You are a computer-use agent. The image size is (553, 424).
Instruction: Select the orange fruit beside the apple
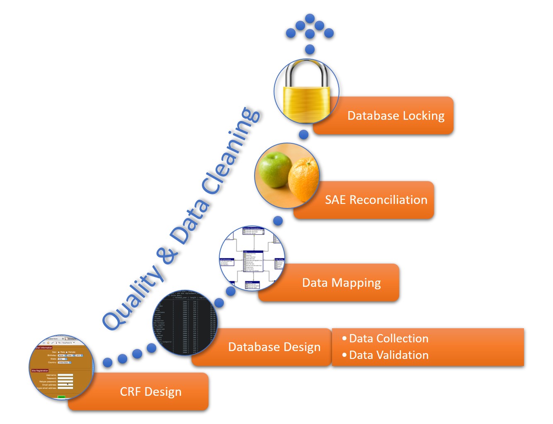click(x=304, y=180)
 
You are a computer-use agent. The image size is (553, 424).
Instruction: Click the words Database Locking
click(x=395, y=116)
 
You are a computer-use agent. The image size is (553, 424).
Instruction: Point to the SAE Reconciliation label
click(x=376, y=200)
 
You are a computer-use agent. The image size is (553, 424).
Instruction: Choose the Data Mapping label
click(x=341, y=283)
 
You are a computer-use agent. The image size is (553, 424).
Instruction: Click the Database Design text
click(x=274, y=347)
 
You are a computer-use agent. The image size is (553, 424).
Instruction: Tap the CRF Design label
click(x=150, y=392)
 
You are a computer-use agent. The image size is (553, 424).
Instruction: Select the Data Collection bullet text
click(x=388, y=339)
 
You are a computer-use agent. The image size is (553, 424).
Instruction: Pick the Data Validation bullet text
click(x=388, y=355)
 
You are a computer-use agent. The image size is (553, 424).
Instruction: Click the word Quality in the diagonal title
click(x=133, y=298)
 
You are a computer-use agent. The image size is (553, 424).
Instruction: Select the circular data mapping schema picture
click(x=252, y=258)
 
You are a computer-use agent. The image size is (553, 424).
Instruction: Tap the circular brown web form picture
click(x=61, y=367)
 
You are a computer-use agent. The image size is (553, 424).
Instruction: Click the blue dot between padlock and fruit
click(x=304, y=134)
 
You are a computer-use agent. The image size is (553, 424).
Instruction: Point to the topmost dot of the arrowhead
click(x=310, y=18)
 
